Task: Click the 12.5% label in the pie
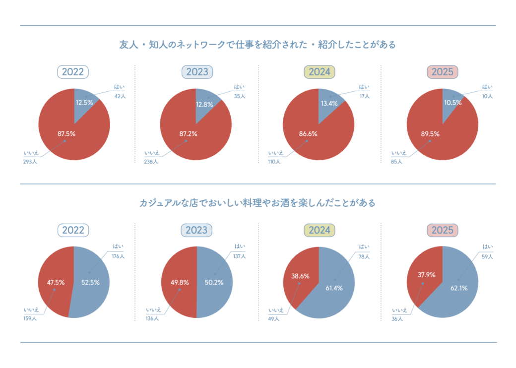click(84, 103)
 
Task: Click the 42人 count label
click(120, 96)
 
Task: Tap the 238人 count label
click(151, 162)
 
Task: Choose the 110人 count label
click(274, 162)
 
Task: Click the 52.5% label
click(90, 282)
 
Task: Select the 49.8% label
click(172, 282)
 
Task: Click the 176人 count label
click(118, 256)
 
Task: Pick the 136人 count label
click(152, 318)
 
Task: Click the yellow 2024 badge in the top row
click(320, 72)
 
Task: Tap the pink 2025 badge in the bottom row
click(442, 230)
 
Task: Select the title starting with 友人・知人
click(258, 45)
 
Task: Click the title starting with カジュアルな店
click(258, 203)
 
